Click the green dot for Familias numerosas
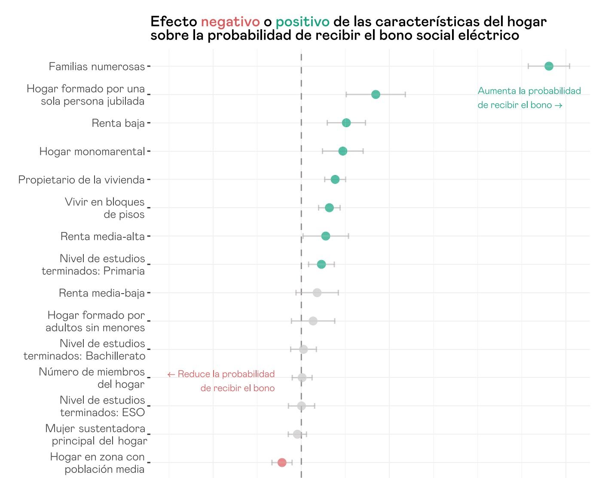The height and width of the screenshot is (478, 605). click(x=549, y=66)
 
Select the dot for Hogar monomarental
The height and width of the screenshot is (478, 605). click(x=342, y=151)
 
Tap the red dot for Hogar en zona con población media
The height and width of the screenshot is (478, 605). click(x=282, y=463)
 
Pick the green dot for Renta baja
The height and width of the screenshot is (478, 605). click(x=346, y=123)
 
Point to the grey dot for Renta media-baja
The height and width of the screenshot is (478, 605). click(x=317, y=293)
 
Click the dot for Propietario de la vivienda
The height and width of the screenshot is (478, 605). click(x=335, y=179)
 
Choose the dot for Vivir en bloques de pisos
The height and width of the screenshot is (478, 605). click(x=329, y=208)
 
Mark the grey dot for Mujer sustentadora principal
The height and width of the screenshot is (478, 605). click(x=297, y=434)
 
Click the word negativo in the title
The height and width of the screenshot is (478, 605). click(x=230, y=21)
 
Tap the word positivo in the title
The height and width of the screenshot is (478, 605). click(x=302, y=21)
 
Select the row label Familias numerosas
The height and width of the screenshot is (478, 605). click(x=97, y=67)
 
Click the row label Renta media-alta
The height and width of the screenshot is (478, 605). click(x=102, y=236)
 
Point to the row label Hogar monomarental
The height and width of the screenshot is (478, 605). click(x=92, y=152)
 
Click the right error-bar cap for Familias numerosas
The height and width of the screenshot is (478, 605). click(x=570, y=66)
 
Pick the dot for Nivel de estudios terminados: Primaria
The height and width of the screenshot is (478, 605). click(x=321, y=264)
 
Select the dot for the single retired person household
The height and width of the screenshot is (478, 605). click(x=376, y=95)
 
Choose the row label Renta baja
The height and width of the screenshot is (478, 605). click(x=118, y=123)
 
